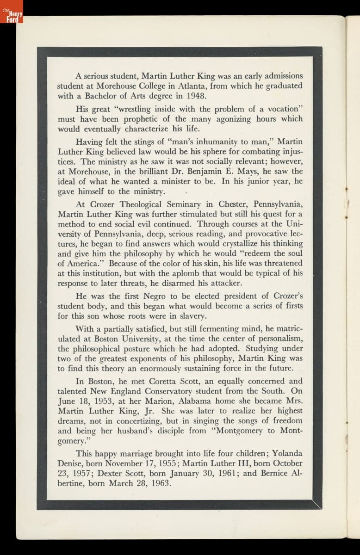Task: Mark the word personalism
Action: (279, 339)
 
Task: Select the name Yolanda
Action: (287, 453)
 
